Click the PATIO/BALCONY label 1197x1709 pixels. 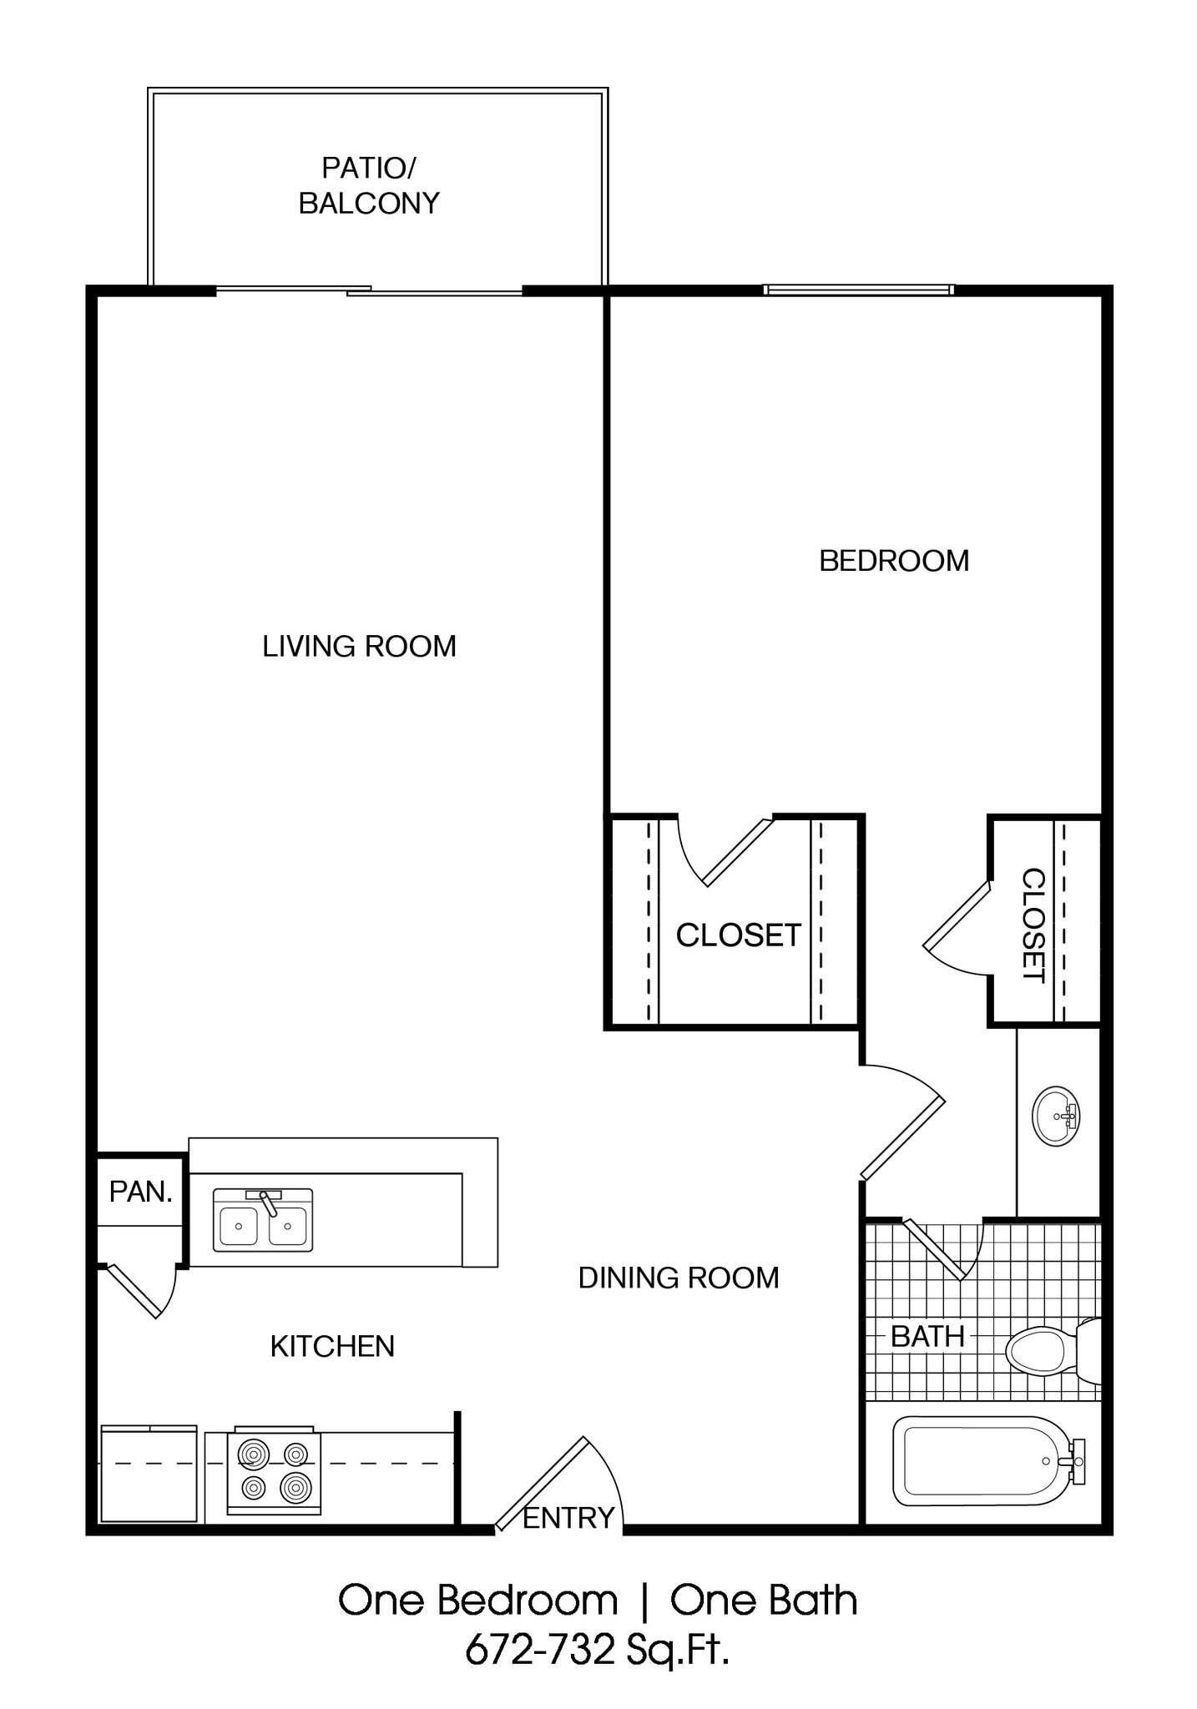(368, 185)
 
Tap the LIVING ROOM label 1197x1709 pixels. (359, 647)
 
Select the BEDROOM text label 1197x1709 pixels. (894, 561)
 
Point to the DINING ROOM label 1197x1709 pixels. (679, 1278)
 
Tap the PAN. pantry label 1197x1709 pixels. (140, 1192)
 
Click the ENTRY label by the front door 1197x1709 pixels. (568, 1518)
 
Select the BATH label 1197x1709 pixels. (927, 1337)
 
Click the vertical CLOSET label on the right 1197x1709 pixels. (1033, 925)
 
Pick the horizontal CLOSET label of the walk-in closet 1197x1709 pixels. (738, 935)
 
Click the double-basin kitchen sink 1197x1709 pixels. (263, 1221)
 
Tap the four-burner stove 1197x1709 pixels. (274, 1474)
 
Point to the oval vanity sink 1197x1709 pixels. (1056, 1116)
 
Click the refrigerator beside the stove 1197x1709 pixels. (149, 1474)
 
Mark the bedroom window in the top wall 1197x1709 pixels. (858, 290)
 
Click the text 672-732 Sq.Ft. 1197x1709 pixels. (597, 1649)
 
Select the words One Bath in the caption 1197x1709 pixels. (763, 1601)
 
